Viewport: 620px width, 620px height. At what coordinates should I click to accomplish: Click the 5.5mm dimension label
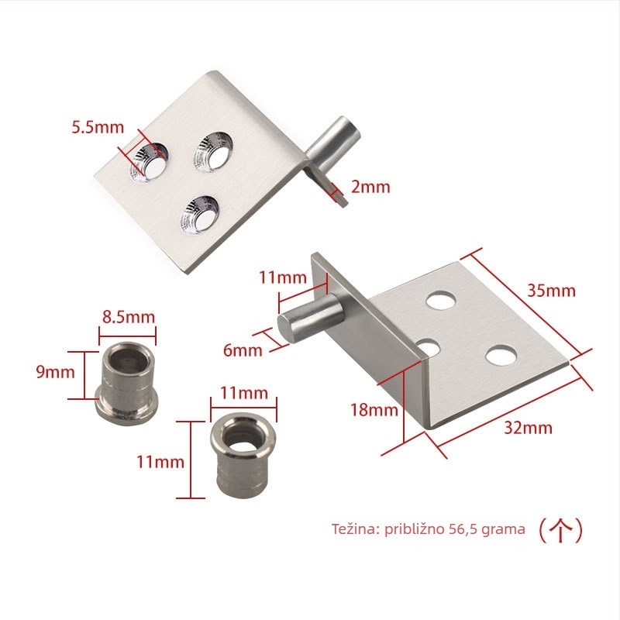coord(98,127)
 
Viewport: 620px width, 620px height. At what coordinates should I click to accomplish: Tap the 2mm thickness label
coord(370,187)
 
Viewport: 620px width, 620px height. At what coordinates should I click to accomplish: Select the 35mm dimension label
coord(551,291)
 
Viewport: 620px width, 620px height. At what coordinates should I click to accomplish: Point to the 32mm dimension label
coord(528,428)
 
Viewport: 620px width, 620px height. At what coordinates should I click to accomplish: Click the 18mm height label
coord(374,410)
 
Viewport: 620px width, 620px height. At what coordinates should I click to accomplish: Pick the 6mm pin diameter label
coord(243,350)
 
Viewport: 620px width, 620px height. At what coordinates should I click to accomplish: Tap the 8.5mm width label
coord(129,317)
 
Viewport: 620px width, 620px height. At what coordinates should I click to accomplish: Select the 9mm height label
coord(55,372)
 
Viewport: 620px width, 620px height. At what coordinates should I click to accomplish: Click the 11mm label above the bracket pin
coord(283,277)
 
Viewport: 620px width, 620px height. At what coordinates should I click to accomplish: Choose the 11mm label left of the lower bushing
coord(160,462)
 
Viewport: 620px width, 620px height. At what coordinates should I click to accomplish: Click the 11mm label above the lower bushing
coord(244,393)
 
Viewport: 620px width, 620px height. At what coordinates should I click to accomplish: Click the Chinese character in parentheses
coord(561,530)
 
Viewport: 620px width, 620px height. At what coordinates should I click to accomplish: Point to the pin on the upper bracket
coord(333,143)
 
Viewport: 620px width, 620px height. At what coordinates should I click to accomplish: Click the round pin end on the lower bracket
coord(286,328)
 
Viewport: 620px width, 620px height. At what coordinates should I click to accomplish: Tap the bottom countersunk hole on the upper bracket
coord(200,215)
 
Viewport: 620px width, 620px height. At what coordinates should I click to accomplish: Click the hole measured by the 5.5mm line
coord(149,163)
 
